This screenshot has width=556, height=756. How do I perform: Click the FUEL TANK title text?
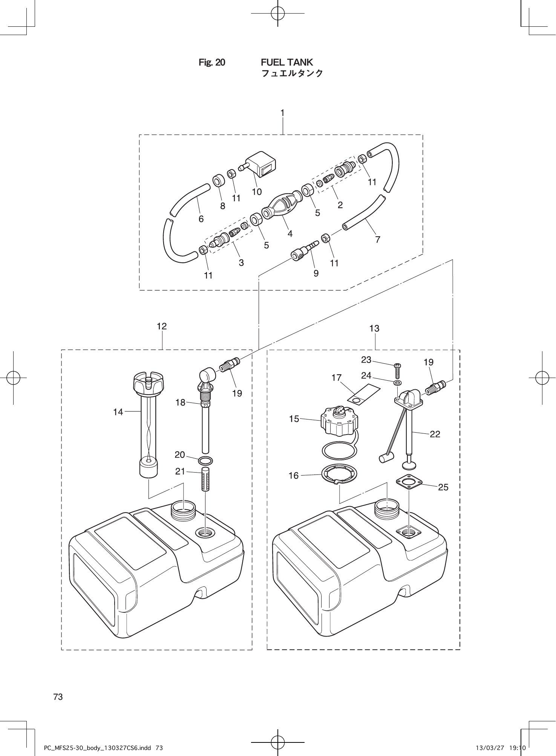(287, 62)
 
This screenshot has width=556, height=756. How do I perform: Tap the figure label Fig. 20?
(212, 63)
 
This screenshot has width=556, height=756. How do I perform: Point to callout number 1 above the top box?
(282, 112)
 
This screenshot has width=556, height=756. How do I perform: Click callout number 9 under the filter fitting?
(316, 273)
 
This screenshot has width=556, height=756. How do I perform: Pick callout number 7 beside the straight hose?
(377, 239)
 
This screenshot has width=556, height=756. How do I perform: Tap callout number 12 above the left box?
(162, 326)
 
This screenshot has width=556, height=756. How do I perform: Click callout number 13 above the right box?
(374, 329)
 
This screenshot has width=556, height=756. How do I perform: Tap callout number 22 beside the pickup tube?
(435, 434)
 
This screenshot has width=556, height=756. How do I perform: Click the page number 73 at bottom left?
(58, 697)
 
